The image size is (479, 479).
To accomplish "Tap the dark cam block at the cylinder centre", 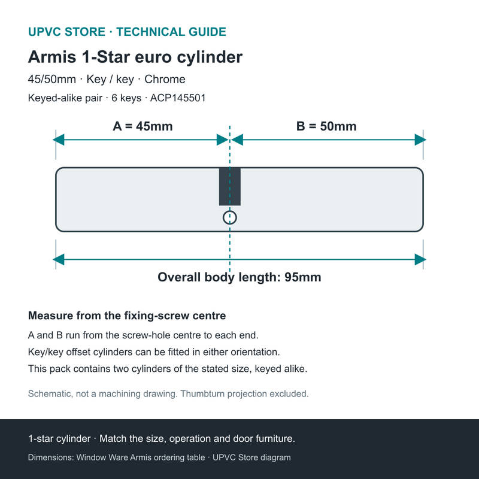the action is coord(230,186).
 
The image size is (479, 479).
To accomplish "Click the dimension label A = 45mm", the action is coord(143,126).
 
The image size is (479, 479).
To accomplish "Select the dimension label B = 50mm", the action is coord(326,126).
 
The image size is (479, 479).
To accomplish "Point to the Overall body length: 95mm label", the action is coord(239,277).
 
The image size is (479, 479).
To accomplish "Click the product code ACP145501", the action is coord(178,98).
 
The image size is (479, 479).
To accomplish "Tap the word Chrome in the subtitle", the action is coord(165,80).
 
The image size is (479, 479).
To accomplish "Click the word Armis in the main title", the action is coord(52,57).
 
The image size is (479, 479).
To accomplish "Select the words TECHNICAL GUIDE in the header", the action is coord(171,32).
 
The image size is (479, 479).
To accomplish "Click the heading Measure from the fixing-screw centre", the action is coord(127,316).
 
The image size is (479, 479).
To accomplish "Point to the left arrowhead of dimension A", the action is coord(59,140).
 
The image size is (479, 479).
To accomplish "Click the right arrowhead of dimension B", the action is coord(420,140).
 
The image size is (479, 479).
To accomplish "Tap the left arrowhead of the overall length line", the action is coord(59,260).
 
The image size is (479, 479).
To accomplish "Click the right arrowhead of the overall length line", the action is coord(420,260).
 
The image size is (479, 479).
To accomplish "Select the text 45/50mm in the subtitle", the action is coord(52,80).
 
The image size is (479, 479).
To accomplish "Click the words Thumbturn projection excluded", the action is coord(244,394).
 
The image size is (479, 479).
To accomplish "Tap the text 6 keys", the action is coord(126,98).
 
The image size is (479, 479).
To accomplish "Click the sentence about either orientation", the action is coord(154,352).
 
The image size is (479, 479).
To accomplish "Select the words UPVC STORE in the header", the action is coord(66,32).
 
